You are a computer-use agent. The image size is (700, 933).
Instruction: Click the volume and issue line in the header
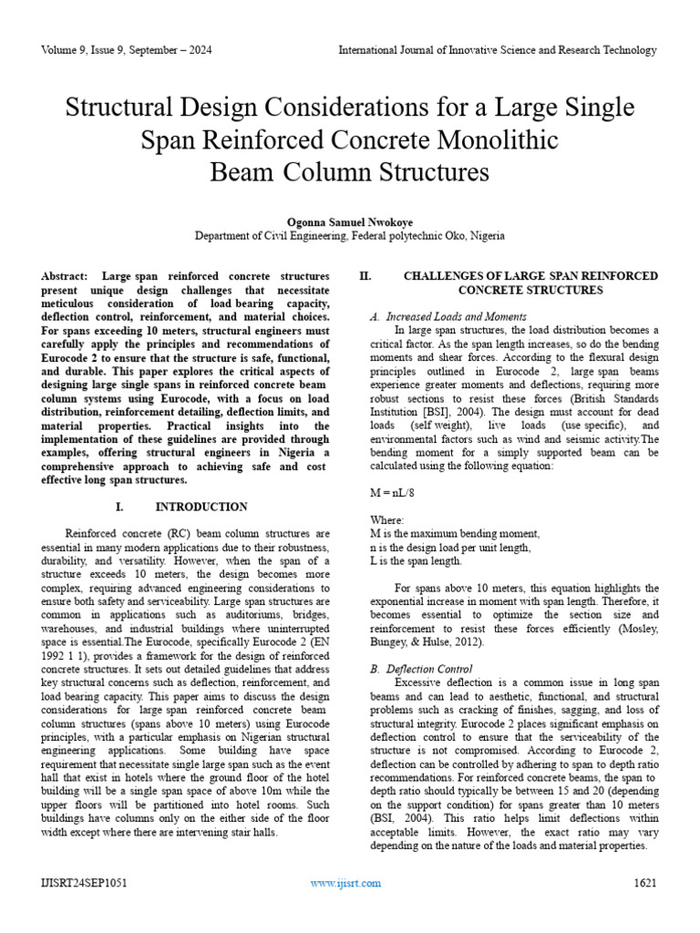click(127, 51)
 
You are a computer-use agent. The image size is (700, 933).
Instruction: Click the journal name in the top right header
click(497, 51)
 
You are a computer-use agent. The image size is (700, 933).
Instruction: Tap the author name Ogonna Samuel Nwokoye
click(350, 221)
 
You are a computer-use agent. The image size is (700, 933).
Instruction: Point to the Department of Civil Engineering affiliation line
click(350, 236)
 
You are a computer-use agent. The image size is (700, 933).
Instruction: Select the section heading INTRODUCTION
click(201, 507)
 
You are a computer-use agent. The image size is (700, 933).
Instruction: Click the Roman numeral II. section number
click(365, 276)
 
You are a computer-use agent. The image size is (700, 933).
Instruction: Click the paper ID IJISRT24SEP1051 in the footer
click(85, 883)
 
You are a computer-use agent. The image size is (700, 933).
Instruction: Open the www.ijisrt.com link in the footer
click(345, 883)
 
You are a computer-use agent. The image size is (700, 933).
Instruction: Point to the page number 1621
click(644, 883)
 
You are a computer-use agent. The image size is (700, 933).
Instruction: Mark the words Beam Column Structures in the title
click(350, 172)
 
